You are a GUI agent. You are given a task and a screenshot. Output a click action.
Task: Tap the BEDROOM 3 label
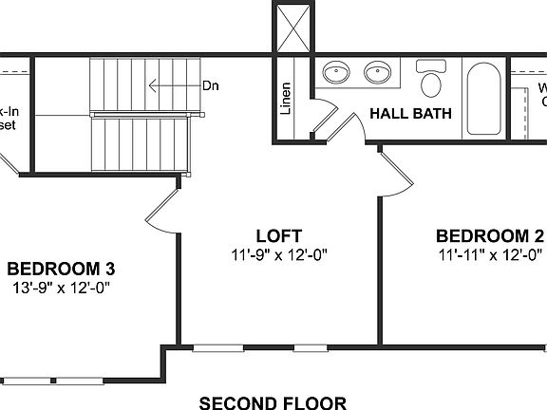point(61,268)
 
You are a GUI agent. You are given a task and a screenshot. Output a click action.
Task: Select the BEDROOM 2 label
point(490,235)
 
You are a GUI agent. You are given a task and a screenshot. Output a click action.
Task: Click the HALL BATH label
point(410,115)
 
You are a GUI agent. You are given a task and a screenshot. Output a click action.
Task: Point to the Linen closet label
point(286,99)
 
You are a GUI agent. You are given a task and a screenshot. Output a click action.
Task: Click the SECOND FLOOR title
point(273,402)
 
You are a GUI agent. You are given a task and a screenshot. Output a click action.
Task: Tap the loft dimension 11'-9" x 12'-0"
point(279,254)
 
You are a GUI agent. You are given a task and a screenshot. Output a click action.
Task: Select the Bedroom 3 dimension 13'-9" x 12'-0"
point(62,287)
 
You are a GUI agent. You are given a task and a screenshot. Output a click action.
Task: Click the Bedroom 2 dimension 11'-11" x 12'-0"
point(491,254)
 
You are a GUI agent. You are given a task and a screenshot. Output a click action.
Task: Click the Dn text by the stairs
point(211,85)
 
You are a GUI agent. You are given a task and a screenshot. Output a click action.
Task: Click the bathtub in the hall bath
point(484,99)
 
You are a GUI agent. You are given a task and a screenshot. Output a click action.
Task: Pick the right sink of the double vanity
point(378,73)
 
